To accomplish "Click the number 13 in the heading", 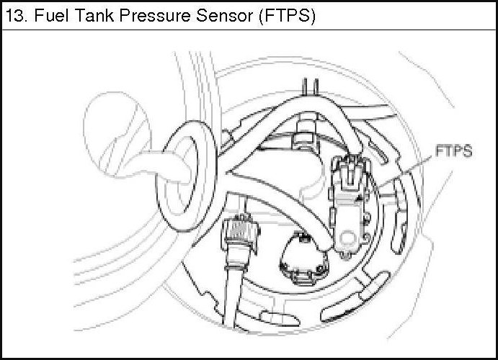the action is (15, 17).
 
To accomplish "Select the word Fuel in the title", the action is (45, 17).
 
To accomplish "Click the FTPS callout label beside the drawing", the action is (453, 153).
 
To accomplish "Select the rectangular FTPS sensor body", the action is (347, 209).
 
